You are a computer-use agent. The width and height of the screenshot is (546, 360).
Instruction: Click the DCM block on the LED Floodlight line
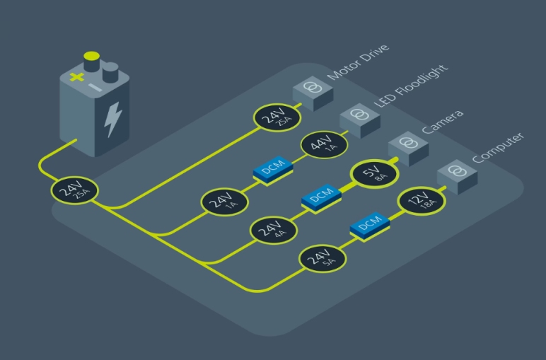click(x=272, y=172)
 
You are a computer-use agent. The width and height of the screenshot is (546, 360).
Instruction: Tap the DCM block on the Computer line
click(x=368, y=226)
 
